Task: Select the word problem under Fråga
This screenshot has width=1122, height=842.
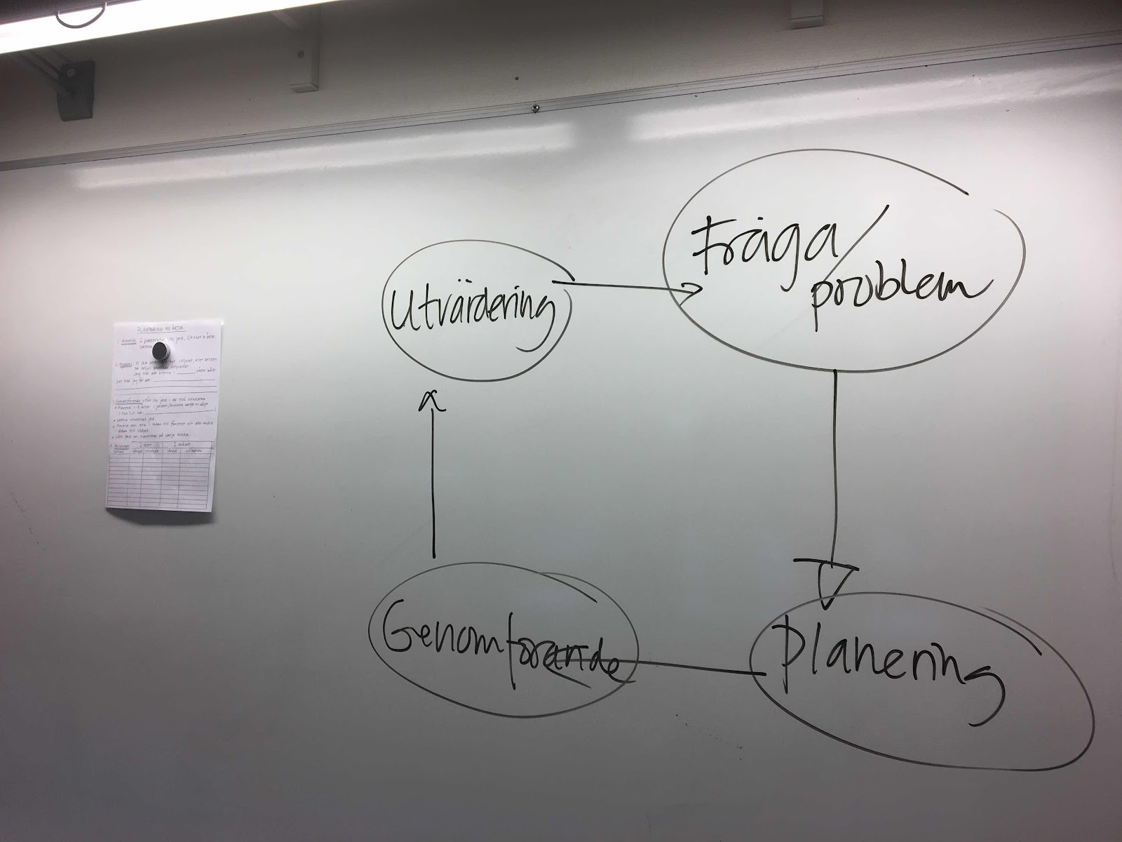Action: [898, 289]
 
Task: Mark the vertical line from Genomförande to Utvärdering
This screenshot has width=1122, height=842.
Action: [433, 484]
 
